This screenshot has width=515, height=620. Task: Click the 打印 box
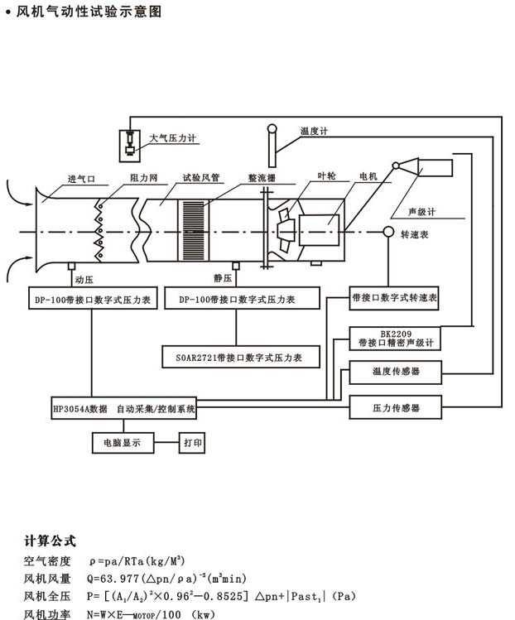pos(191,443)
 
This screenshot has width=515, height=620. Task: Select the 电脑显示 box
pos(122,443)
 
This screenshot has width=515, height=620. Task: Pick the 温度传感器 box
pos(397,372)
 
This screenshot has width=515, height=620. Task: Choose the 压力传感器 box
pos(397,408)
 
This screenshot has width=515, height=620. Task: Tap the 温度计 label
pos(315,131)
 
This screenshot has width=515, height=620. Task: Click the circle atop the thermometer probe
pos(271,129)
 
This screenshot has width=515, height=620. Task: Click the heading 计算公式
pos(50,541)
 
